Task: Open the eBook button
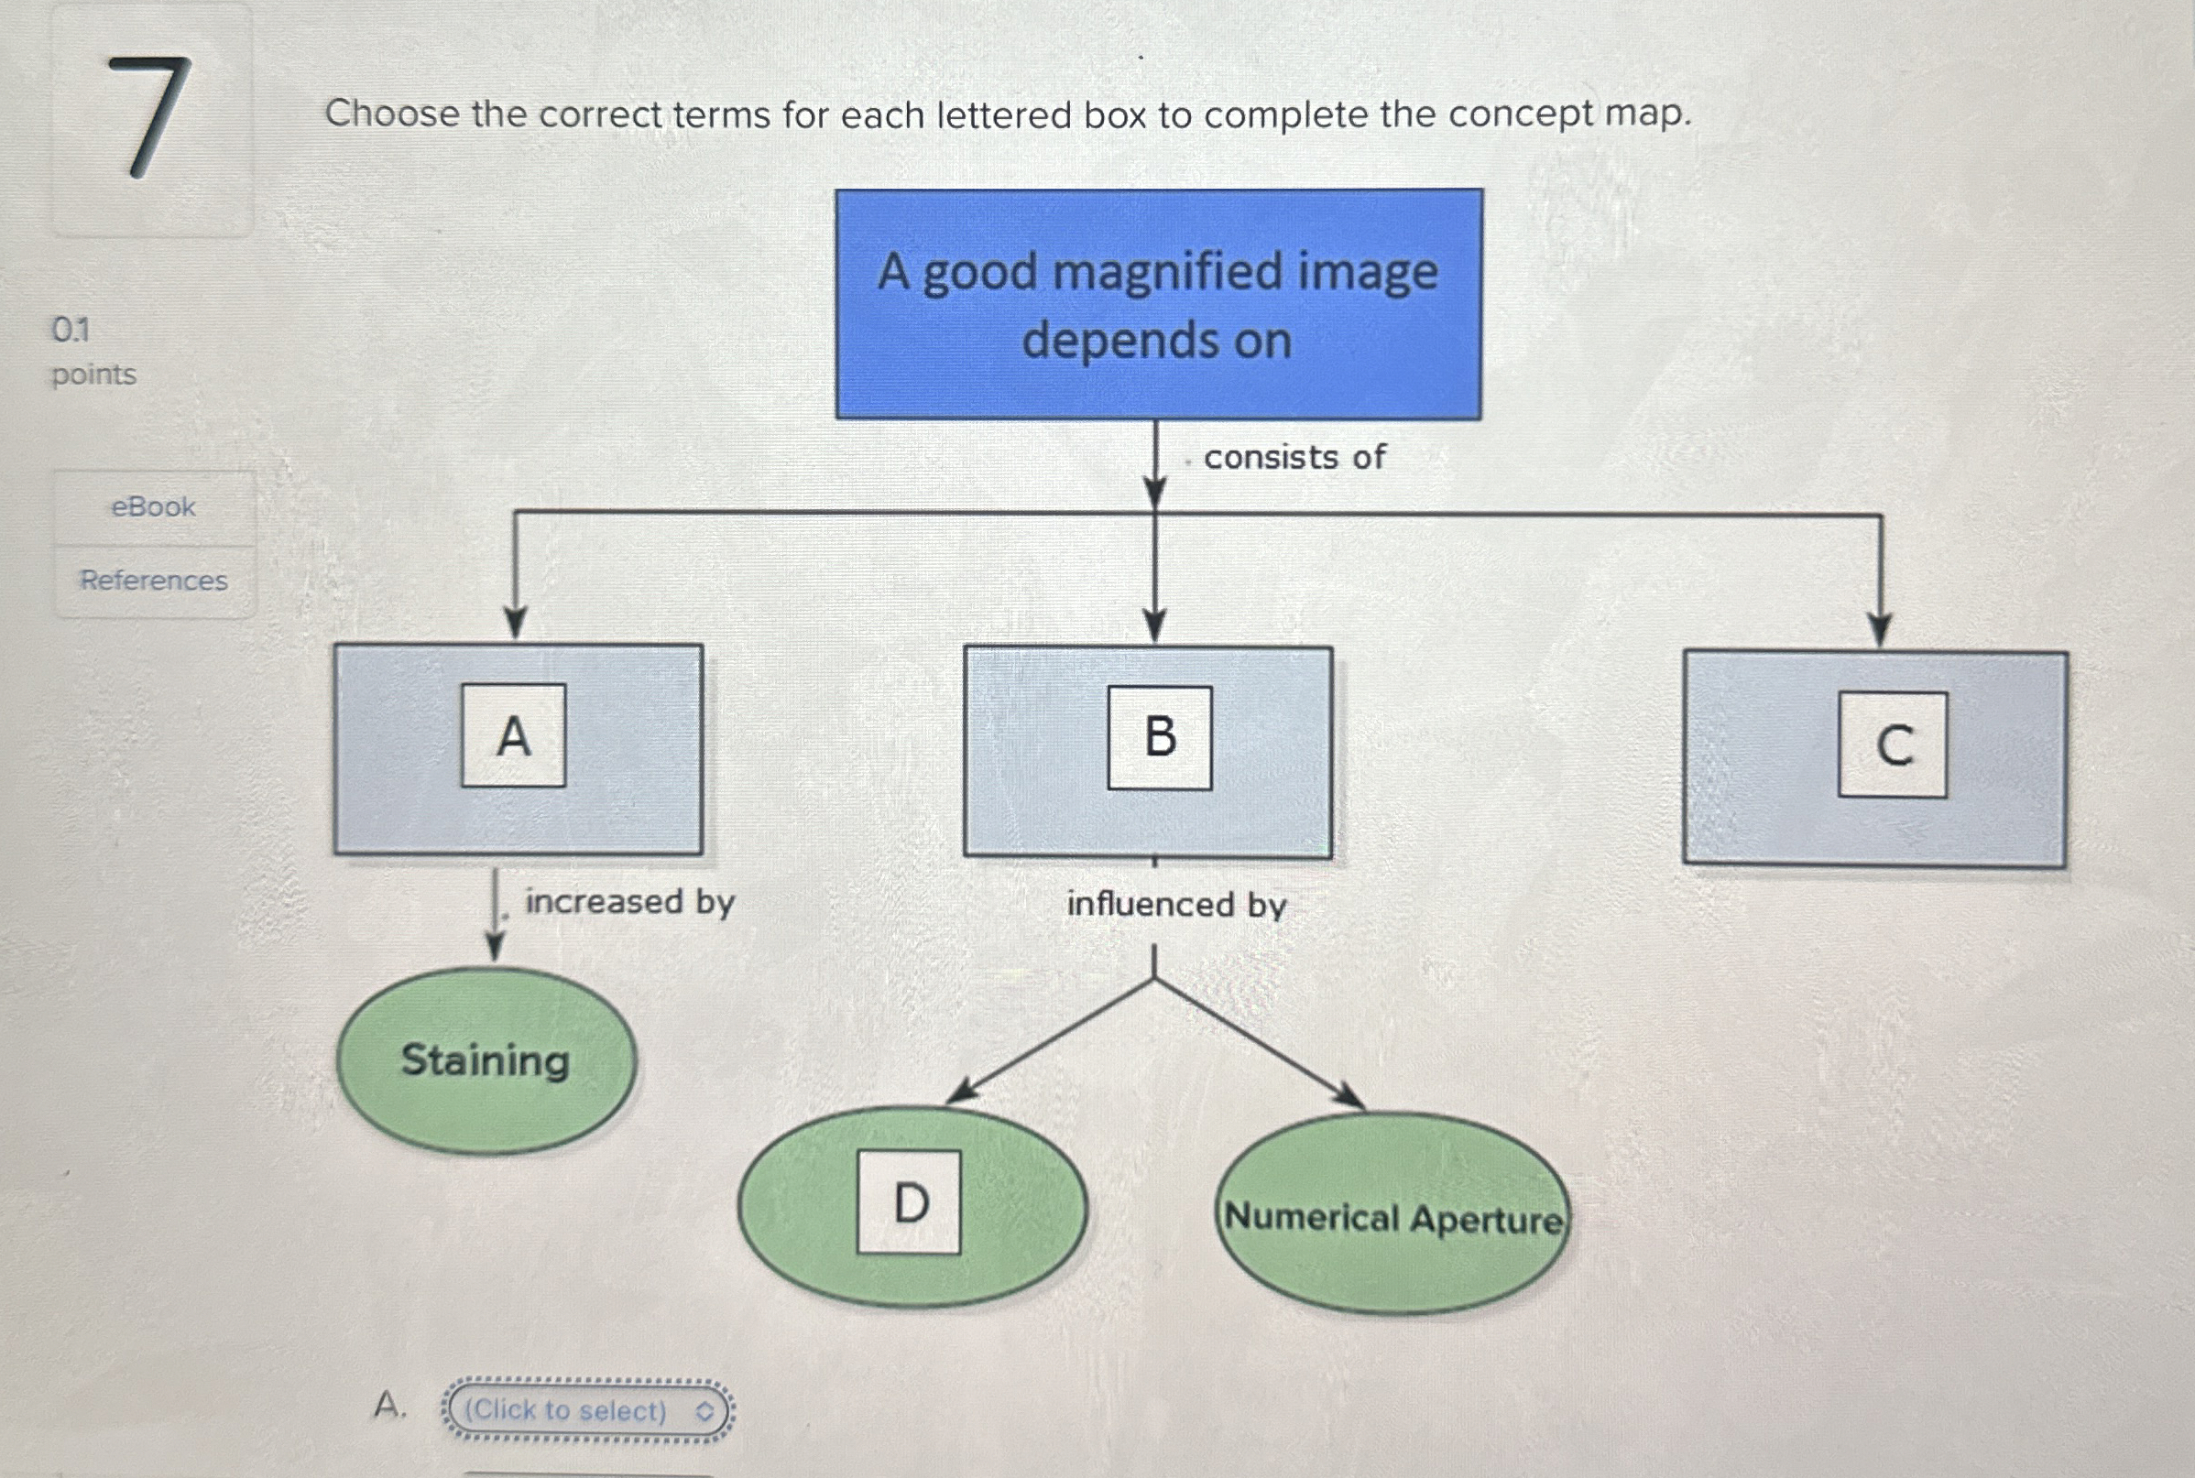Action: tap(154, 507)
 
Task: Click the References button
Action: tap(154, 580)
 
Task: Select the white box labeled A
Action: tap(513, 735)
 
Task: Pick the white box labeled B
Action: tap(1159, 737)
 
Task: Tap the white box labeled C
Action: tap(1892, 744)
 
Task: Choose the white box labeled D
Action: tap(909, 1201)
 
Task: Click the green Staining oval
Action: tap(486, 1060)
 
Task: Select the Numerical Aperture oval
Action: tap(1392, 1216)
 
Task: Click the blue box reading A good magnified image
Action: tap(1158, 303)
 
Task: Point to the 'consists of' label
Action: tap(1294, 457)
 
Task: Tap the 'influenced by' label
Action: tap(1175, 905)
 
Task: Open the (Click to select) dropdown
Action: tap(587, 1410)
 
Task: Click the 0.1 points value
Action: tap(71, 330)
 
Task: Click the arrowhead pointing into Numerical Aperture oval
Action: tap(1350, 1098)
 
